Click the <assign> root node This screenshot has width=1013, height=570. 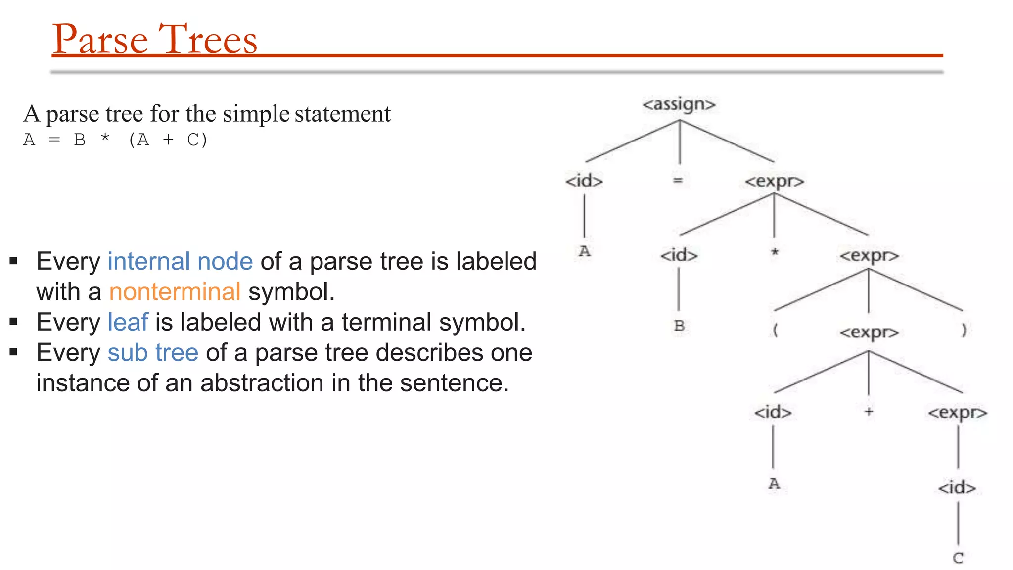[679, 105]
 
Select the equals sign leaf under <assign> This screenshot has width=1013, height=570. [678, 181]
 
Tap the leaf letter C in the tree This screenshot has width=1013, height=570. [958, 558]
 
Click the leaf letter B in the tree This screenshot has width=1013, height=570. [679, 326]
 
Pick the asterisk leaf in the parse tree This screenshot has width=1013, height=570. [775, 253]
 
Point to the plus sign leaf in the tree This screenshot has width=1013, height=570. [869, 411]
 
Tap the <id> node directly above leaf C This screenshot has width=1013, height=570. [957, 488]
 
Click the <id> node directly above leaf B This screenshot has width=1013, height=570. [679, 255]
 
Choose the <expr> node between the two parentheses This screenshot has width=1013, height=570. [869, 332]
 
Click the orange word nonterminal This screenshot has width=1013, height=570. [175, 291]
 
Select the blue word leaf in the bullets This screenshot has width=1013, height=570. [128, 322]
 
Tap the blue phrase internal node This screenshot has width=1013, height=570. [180, 261]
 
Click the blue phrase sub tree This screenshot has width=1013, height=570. [153, 353]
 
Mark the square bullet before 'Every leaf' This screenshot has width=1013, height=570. [13, 322]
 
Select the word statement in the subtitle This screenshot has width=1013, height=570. [342, 114]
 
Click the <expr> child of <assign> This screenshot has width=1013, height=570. [774, 181]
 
